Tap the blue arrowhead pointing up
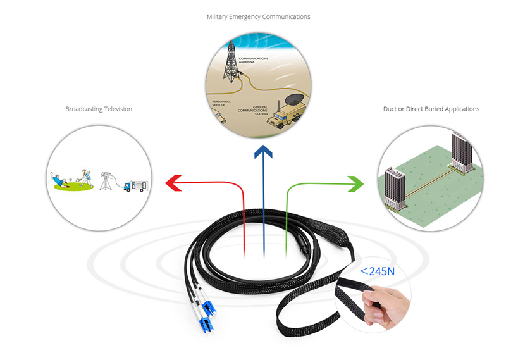pyautogui.click(x=262, y=152)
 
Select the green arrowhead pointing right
pyautogui.click(x=356, y=183)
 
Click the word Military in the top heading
pyautogui.click(x=219, y=16)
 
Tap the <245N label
pyautogui.click(x=377, y=271)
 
